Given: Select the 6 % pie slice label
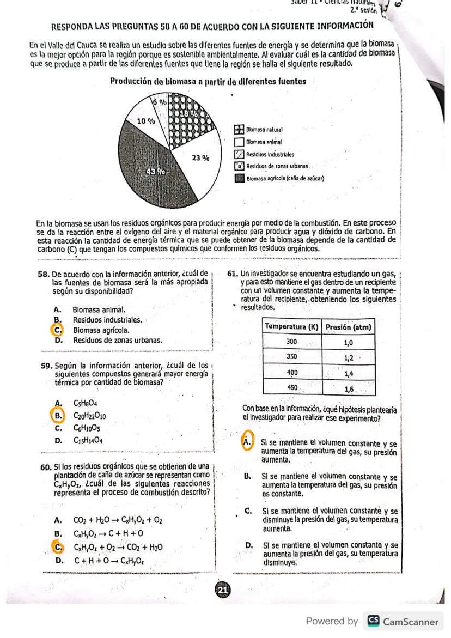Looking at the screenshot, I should click(159, 102).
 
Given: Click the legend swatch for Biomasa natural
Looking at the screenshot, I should click(239, 130).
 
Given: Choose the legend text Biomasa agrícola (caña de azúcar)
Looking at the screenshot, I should click(285, 178).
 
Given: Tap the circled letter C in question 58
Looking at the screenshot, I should click(57, 330).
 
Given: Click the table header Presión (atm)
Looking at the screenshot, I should click(349, 327).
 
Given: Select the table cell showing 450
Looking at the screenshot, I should click(292, 388).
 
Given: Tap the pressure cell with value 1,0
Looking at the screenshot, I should click(349, 343).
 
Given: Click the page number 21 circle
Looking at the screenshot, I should click(222, 590).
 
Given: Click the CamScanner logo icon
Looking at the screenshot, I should click(374, 622).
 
